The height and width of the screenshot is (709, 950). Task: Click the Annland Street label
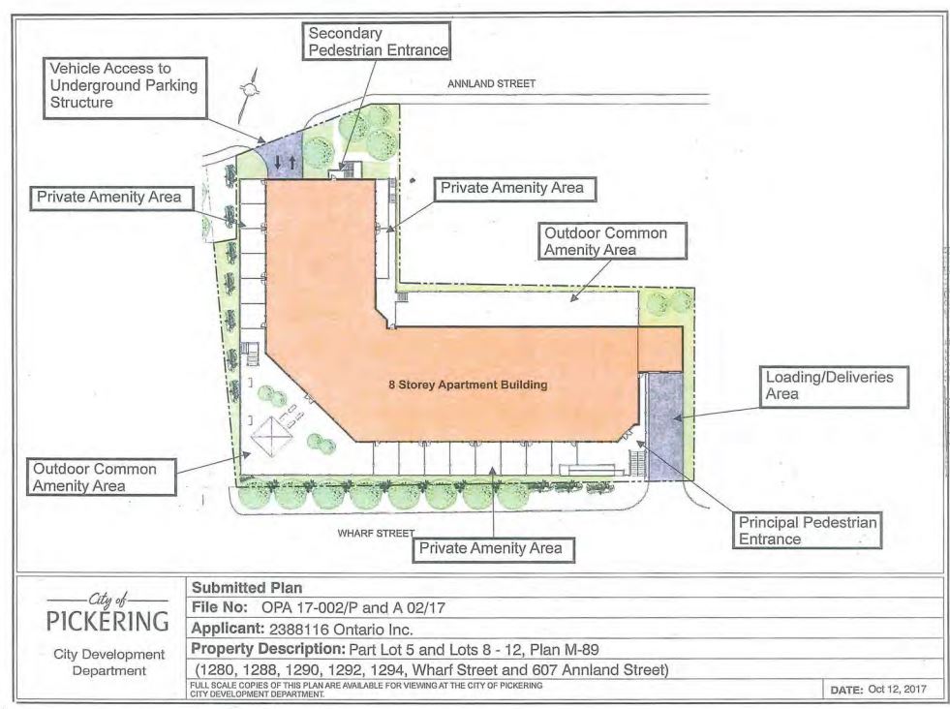click(491, 83)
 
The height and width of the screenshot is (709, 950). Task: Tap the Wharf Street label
click(376, 534)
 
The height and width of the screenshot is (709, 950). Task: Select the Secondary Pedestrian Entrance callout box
click(377, 42)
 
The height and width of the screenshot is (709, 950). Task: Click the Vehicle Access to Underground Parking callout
click(126, 88)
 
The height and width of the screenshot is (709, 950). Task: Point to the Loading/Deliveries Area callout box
click(835, 386)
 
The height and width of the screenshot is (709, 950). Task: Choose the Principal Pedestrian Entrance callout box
click(807, 531)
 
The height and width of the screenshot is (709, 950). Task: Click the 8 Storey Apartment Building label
click(468, 385)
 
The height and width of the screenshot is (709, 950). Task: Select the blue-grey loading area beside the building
click(664, 426)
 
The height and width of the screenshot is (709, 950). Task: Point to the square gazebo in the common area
click(272, 436)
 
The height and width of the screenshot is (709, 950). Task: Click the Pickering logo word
click(107, 621)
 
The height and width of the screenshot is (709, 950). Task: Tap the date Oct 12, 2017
click(897, 689)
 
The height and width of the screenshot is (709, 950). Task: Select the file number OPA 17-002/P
click(310, 608)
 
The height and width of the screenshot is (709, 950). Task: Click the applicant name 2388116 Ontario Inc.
click(341, 629)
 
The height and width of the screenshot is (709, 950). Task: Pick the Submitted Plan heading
click(247, 587)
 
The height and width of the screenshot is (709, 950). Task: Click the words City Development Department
click(109, 663)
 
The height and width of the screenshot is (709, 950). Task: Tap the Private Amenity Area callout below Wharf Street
click(493, 549)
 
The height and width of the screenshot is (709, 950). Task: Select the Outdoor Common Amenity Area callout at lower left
click(101, 477)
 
